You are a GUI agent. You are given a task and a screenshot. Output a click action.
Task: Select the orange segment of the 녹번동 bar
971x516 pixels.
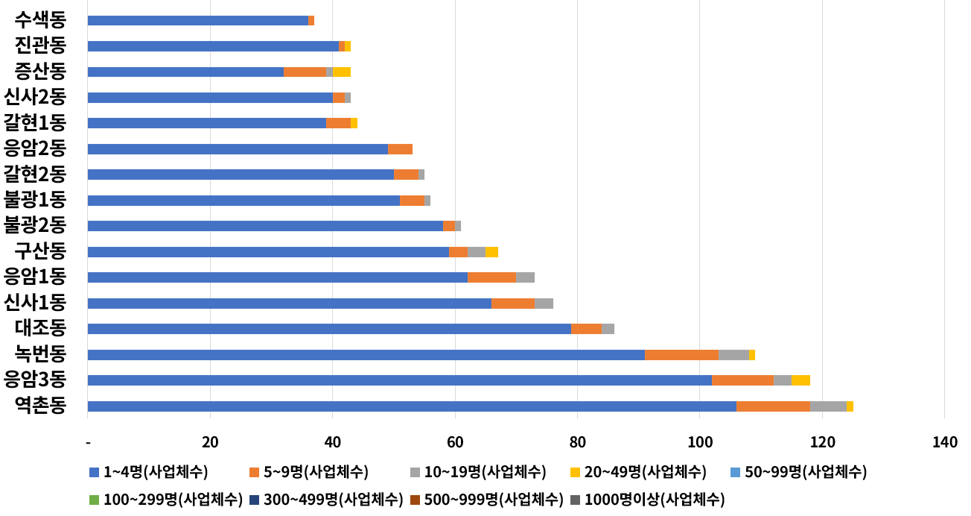[681, 355]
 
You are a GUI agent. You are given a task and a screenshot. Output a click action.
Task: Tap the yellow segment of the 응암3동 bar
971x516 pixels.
[800, 380]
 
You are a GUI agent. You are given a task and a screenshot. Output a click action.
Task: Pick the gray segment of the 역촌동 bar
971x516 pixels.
[828, 406]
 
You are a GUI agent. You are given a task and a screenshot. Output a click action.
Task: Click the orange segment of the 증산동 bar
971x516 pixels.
[305, 72]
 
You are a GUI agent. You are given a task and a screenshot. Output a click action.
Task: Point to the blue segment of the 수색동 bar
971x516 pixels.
[198, 21]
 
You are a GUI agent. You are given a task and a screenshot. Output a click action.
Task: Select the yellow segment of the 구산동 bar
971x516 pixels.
[491, 252]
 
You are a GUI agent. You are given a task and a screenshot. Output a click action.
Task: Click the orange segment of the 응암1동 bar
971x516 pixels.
[491, 277]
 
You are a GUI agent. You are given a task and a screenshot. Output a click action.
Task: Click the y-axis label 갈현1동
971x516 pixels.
[35, 123]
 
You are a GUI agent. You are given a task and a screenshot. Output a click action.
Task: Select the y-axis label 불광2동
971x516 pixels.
[35, 225]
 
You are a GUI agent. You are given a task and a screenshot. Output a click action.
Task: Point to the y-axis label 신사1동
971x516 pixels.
[35, 303]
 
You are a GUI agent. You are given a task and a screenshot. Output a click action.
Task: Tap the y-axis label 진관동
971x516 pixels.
[41, 46]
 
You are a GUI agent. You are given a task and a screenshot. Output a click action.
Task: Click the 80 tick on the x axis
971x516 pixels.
[577, 442]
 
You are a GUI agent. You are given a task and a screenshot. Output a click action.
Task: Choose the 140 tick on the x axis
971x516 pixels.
[944, 442]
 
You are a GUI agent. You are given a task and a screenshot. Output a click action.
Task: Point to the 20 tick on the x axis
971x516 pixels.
[210, 442]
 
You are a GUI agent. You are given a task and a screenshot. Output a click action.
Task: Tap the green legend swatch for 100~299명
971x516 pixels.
[94, 500]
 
